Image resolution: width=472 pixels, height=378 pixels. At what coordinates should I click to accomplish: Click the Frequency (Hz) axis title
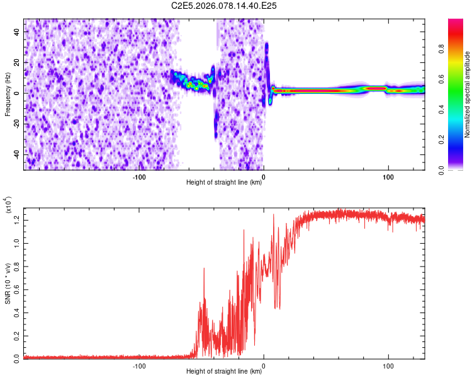click(x=8, y=94)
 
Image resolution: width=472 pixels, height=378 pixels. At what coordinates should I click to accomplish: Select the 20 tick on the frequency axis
click(x=18, y=62)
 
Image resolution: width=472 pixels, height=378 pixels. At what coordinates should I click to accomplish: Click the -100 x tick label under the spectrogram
click(x=139, y=177)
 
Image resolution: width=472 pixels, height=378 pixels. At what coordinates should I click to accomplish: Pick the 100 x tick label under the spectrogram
click(x=388, y=177)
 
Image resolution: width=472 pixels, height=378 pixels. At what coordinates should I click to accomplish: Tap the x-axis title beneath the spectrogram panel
click(x=225, y=183)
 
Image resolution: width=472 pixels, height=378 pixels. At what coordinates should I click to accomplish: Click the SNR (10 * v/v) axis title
click(x=8, y=283)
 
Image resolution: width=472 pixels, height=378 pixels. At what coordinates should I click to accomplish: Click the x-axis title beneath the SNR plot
click(x=225, y=372)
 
